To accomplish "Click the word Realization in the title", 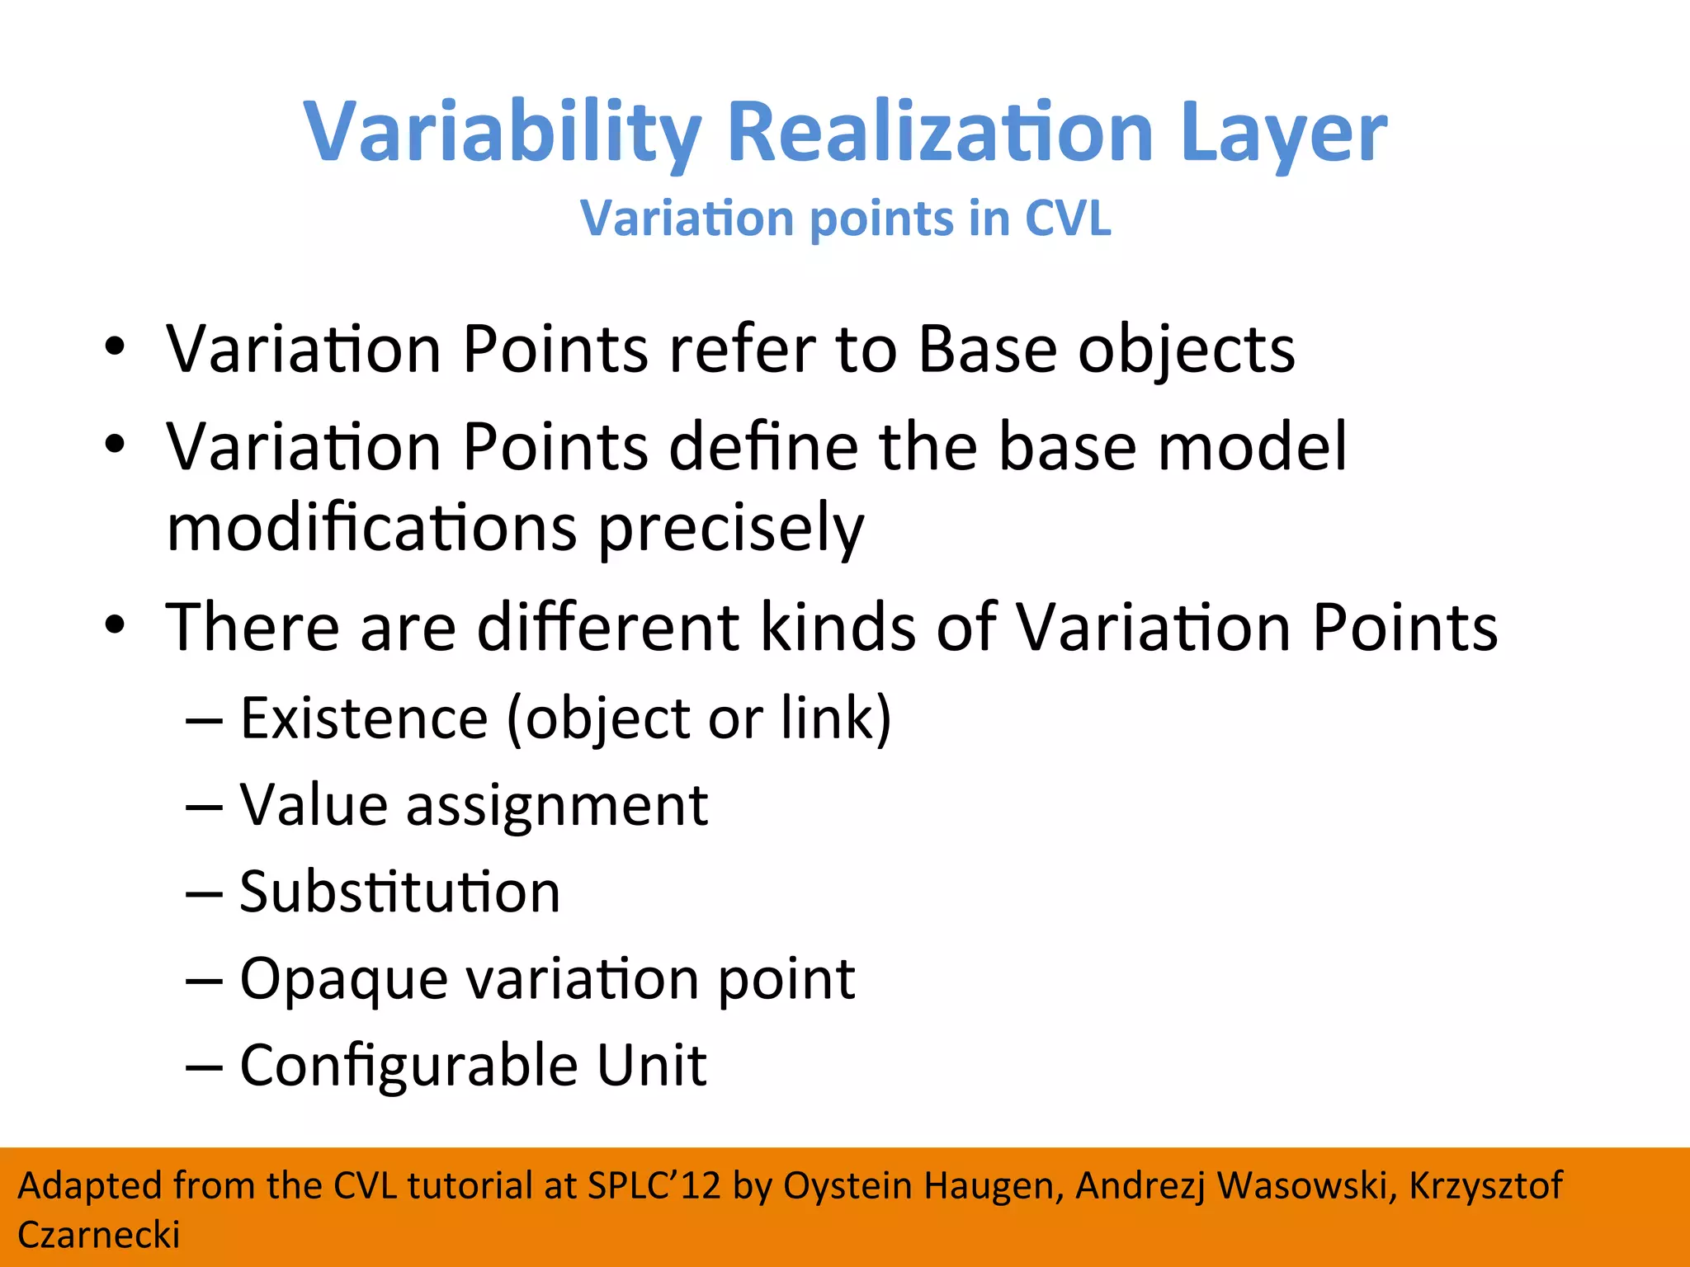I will coord(940,132).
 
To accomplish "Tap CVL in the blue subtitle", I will coord(1068,219).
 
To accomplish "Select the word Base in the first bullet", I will coord(987,349).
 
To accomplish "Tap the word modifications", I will coord(371,528).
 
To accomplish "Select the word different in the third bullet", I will coord(608,627).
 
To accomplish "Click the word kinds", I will coord(838,627).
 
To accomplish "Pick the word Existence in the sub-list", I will coord(364,718).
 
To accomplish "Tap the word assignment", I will coord(557,805).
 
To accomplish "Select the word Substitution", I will coord(399,892).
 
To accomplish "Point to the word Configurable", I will coord(408,1065).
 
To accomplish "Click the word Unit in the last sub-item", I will coord(651,1065).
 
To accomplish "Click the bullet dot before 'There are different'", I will coord(115,626).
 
